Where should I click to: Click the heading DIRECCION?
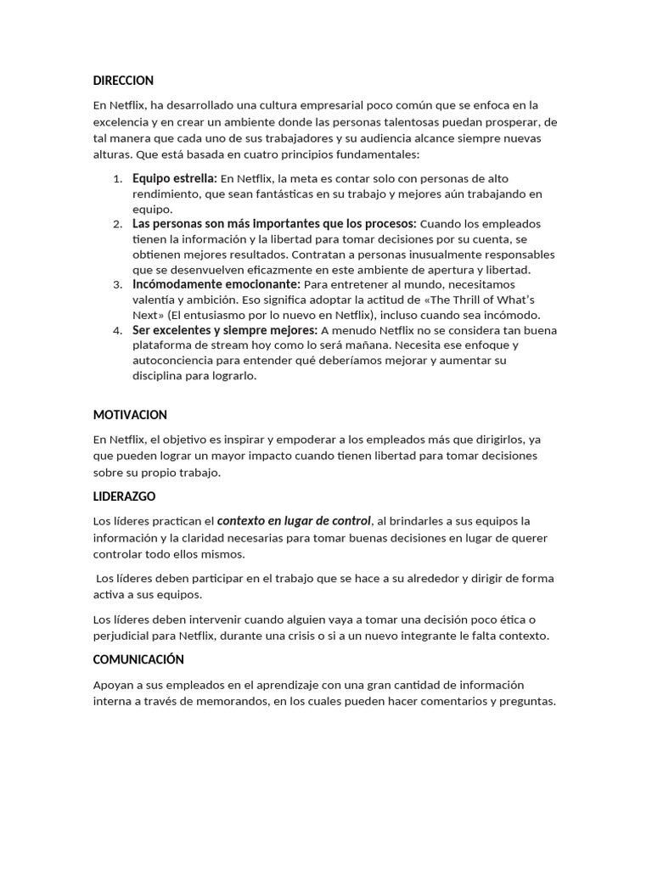123,81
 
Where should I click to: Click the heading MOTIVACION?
130,415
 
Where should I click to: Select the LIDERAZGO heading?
124,496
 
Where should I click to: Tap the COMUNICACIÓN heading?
138,659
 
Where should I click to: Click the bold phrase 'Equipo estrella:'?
175,178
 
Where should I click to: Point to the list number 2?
117,224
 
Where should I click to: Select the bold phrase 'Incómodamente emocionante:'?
216,284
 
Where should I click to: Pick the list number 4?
117,330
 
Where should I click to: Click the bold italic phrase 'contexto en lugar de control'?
294,521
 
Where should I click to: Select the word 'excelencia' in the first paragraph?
122,122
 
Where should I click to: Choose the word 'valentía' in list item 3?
155,300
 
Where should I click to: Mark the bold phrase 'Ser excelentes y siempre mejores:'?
225,330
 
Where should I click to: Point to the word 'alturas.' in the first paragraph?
112,154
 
